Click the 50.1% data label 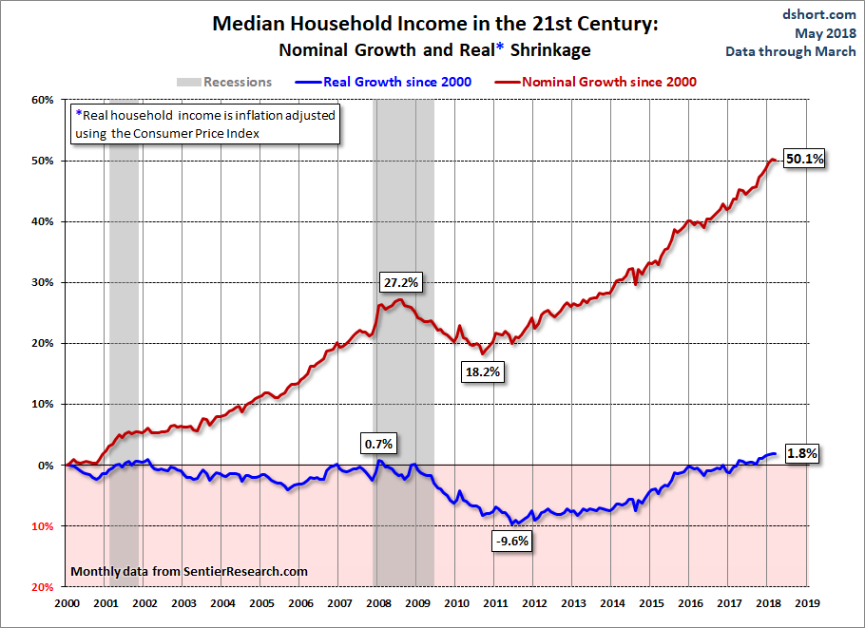tap(802, 161)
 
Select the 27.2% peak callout tap(401, 283)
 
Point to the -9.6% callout tap(511, 542)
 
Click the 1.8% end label tap(802, 453)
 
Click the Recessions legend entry tap(223, 82)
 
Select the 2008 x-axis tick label tap(377, 603)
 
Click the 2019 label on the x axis tap(807, 603)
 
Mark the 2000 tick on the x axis tap(67, 603)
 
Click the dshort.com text tap(820, 14)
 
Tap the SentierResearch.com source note tap(190, 571)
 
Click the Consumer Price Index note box tap(205, 124)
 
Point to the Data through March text tap(796, 50)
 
